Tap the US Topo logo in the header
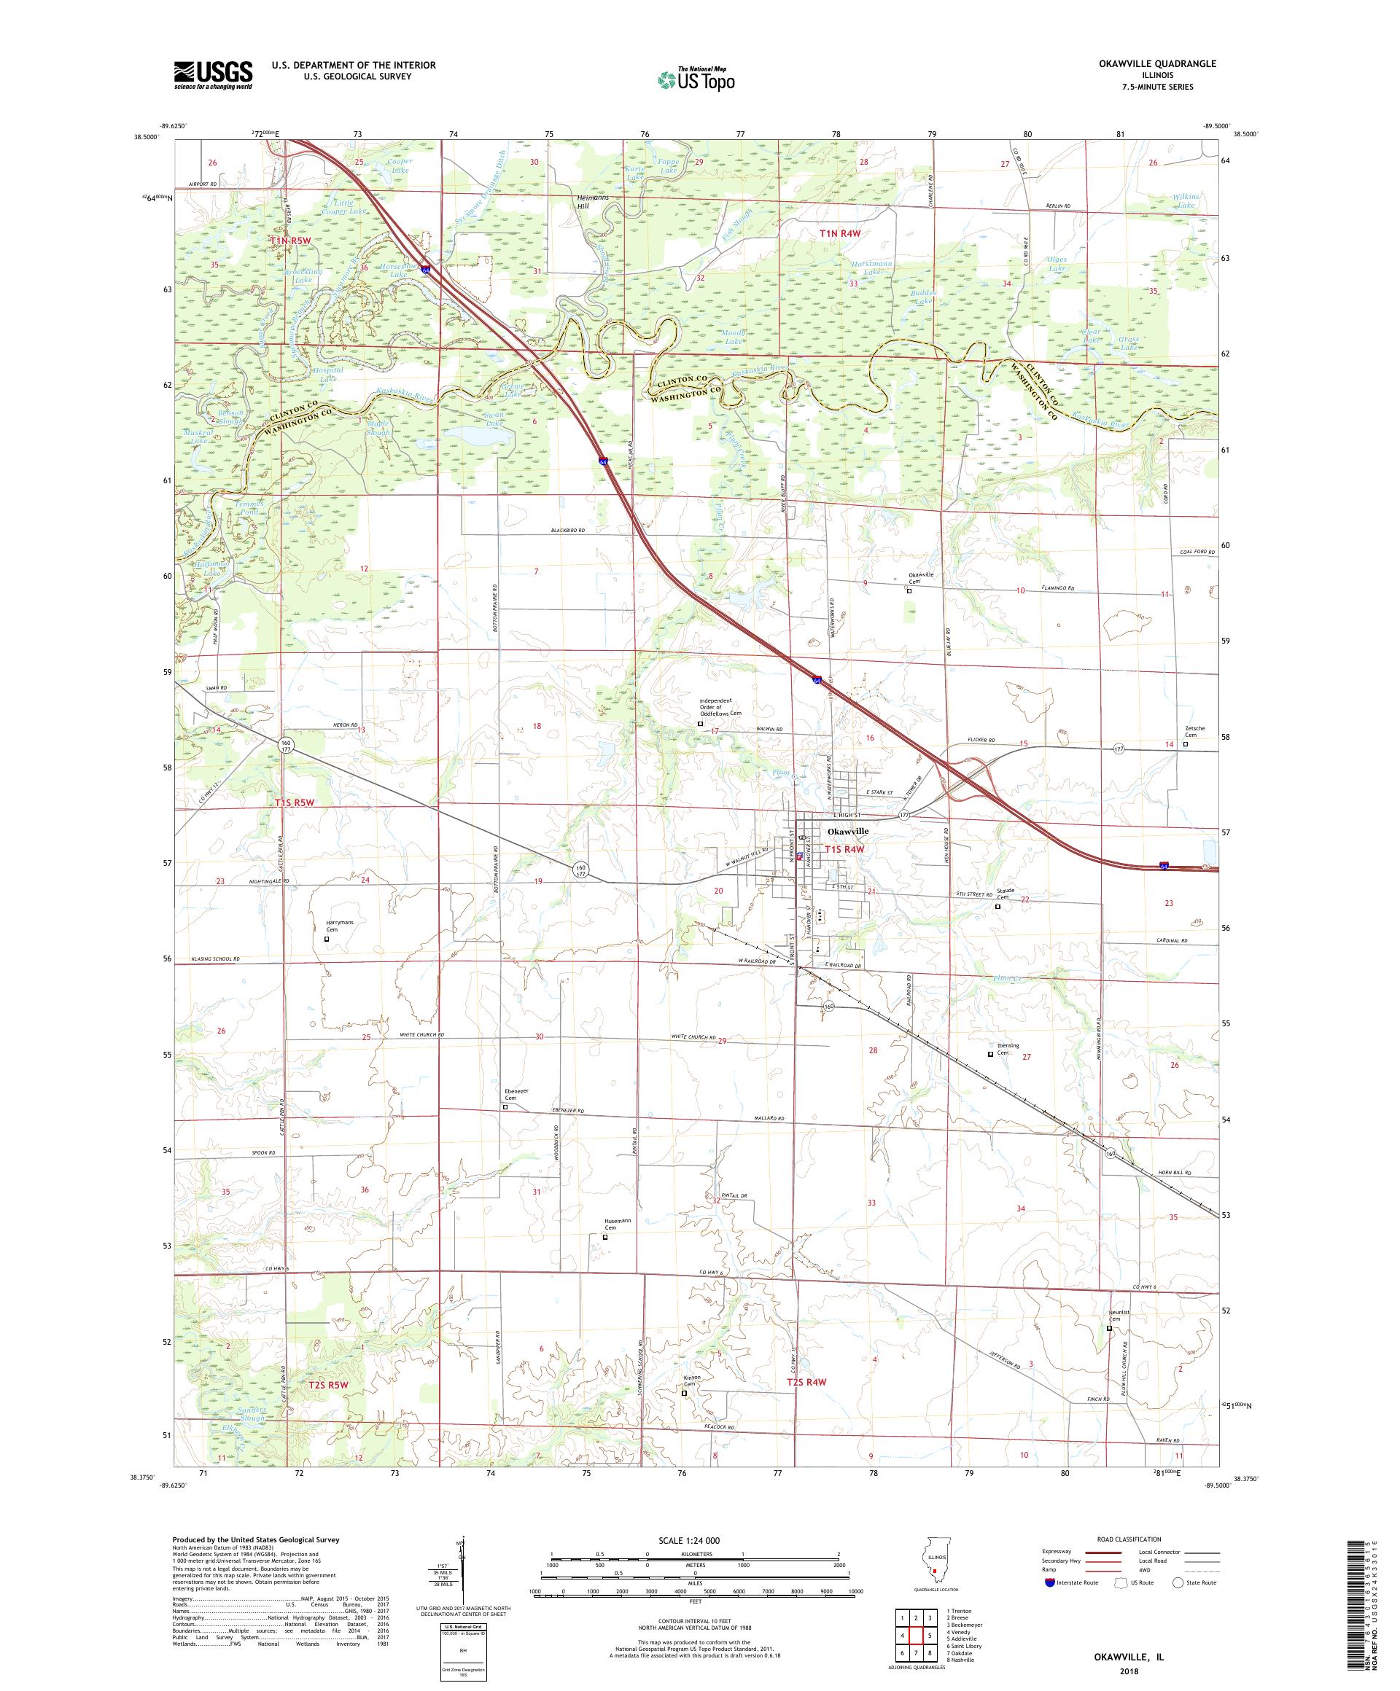click(x=697, y=78)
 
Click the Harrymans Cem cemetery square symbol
click(x=326, y=939)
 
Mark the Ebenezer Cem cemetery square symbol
click(x=505, y=1106)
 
